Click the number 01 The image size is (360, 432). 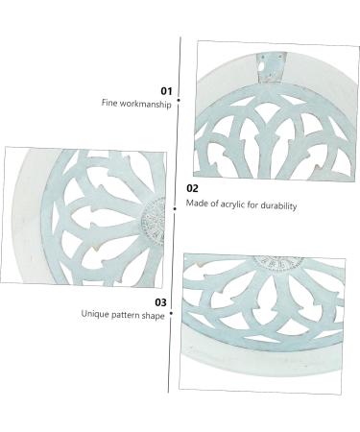[165, 90]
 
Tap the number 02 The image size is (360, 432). [192, 189]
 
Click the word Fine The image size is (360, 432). [110, 103]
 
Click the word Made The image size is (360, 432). [195, 205]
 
